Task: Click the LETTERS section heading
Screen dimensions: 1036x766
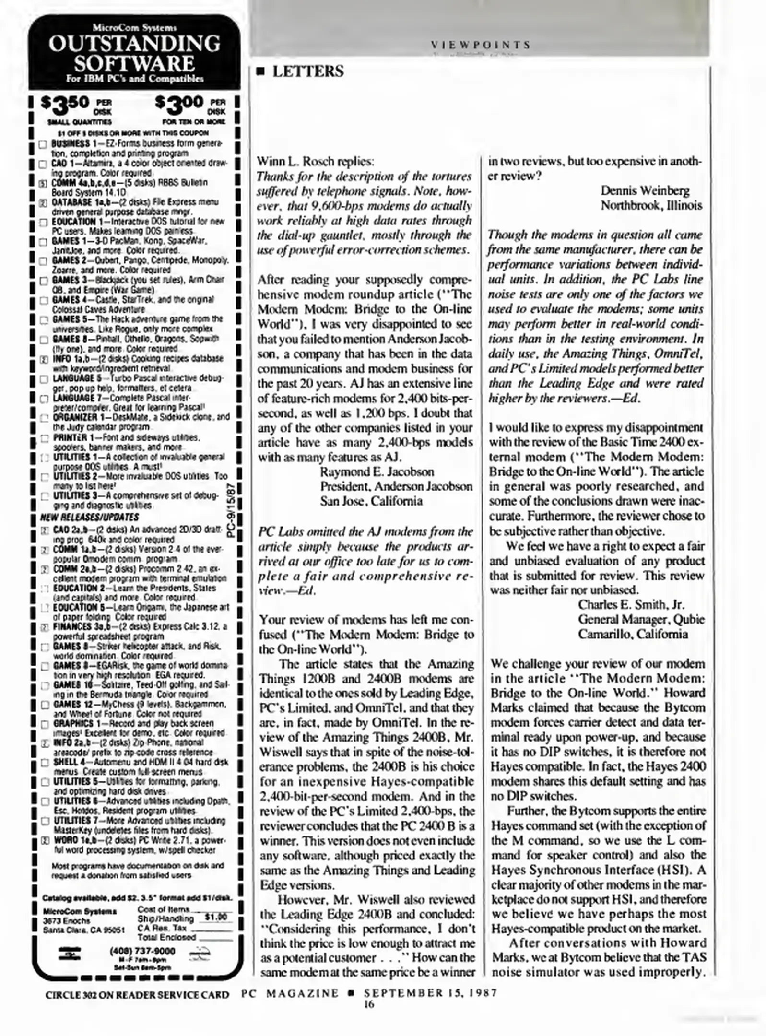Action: (307, 72)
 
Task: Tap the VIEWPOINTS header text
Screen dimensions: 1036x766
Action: (480, 45)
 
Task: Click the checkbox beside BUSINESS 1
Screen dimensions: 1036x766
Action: (43, 144)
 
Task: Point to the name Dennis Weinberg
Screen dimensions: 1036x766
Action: (645, 191)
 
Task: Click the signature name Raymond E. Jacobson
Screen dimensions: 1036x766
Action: (377, 472)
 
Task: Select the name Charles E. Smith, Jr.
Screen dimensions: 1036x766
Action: (631, 605)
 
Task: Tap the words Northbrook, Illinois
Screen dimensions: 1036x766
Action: (651, 206)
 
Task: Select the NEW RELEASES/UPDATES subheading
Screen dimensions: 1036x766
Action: (90, 517)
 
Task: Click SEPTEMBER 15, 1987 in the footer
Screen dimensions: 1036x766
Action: (430, 993)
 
